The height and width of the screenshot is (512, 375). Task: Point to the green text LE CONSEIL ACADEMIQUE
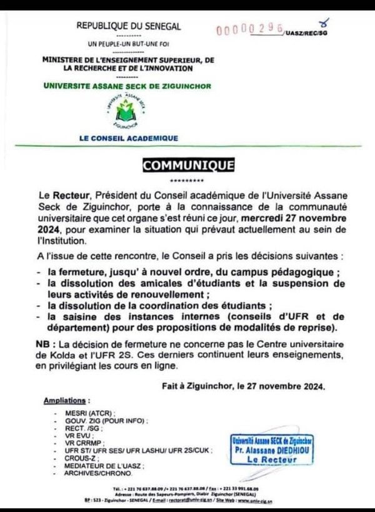[128, 138]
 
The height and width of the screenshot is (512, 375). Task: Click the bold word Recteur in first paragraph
[69, 196]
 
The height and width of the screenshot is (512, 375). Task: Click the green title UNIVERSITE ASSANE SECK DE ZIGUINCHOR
[128, 86]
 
